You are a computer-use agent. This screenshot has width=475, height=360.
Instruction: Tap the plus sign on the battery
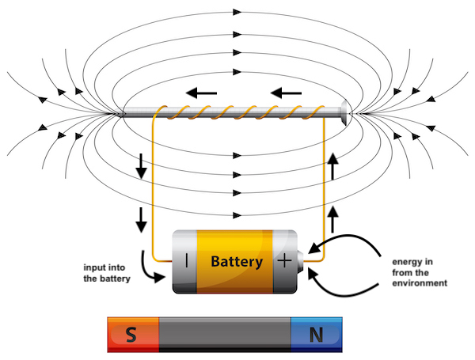[x=283, y=260]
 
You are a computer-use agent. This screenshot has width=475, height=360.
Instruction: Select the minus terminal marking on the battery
[x=186, y=260]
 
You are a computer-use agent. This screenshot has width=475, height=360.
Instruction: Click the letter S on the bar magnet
[x=131, y=335]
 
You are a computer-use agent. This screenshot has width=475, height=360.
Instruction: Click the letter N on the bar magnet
[x=317, y=335]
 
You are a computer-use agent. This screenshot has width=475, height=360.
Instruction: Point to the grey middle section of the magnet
[x=225, y=334]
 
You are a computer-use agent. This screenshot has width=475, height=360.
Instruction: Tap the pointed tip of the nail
[x=122, y=115]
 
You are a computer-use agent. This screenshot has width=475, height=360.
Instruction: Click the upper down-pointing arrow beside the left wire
[x=142, y=165]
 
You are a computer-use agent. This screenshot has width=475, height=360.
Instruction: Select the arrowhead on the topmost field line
[x=237, y=12]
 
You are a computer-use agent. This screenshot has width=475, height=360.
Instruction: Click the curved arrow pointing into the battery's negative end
[x=146, y=267]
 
